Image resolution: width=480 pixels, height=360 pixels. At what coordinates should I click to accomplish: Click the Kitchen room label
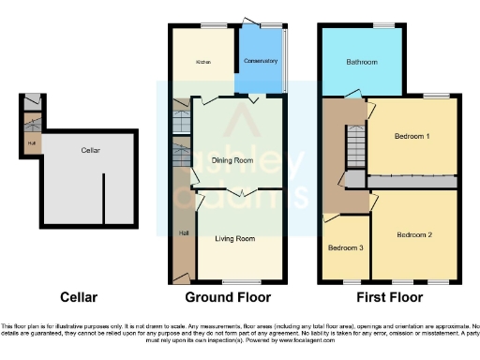pos(202,63)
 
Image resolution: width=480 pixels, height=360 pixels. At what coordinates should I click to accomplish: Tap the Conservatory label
pos(261,62)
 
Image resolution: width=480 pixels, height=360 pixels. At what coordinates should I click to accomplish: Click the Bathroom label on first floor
pos(362,63)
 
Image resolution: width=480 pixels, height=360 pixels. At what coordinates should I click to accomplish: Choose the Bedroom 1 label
pos(412,137)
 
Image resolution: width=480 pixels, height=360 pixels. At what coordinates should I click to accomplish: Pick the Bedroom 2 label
pos(413,233)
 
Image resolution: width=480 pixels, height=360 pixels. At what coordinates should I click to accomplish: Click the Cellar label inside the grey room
pos(91,150)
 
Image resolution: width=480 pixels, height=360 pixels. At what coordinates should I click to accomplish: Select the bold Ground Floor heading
pos(230,298)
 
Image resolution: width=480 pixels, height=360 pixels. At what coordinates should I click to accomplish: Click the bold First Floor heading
pos(388,298)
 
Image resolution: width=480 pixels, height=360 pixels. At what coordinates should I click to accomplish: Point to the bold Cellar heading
pos(78,298)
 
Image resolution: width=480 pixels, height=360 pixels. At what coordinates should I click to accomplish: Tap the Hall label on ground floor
pos(183,232)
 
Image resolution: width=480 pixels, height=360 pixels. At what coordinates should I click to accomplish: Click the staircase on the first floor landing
pos(355,146)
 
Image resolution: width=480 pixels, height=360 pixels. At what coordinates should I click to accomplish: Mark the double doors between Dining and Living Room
pos(243,191)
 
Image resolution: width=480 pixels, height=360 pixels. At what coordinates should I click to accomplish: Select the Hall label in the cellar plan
pos(32,143)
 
